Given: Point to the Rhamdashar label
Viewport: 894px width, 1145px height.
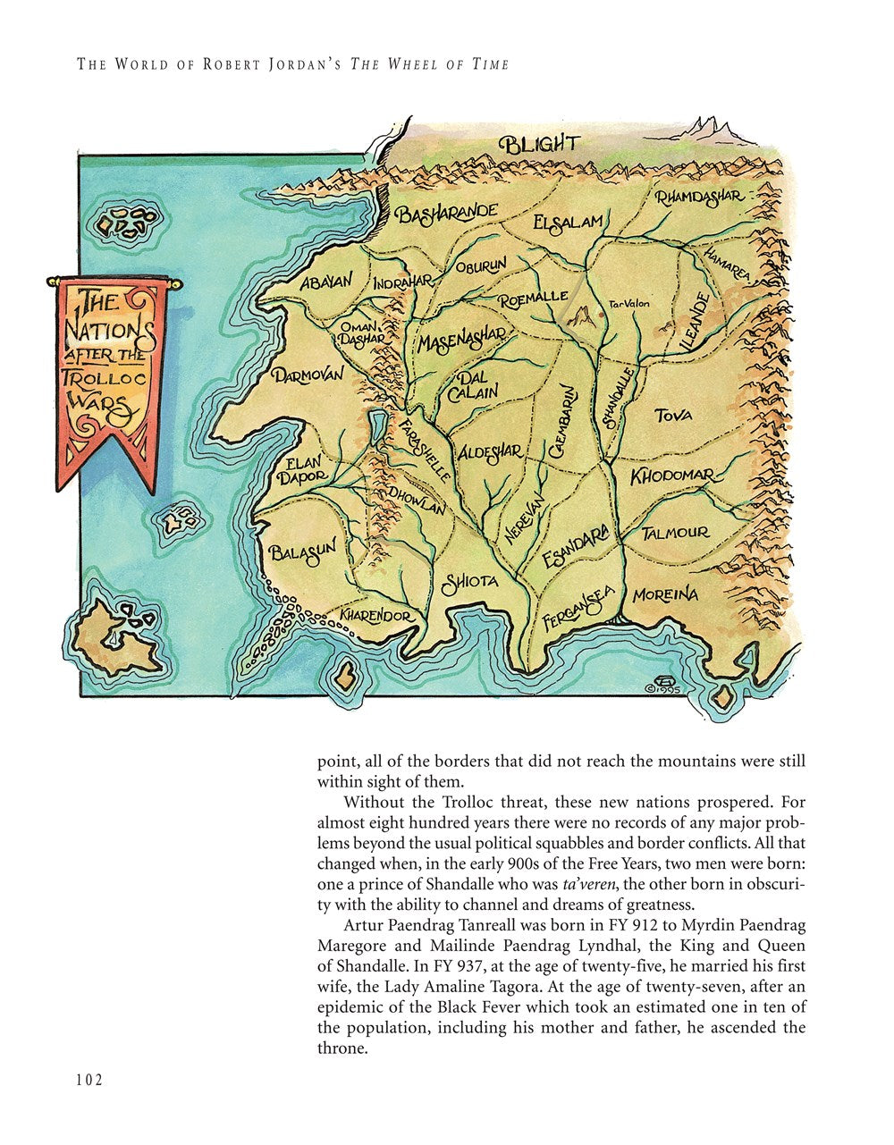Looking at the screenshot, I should [x=698, y=196].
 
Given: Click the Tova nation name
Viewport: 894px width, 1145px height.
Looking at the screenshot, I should [x=672, y=415].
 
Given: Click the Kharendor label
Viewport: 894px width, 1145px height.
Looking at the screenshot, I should [x=375, y=617].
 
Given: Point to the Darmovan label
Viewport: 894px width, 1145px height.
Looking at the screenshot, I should [x=308, y=375].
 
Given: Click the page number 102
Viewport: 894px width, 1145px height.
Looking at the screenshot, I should [x=89, y=1079].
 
